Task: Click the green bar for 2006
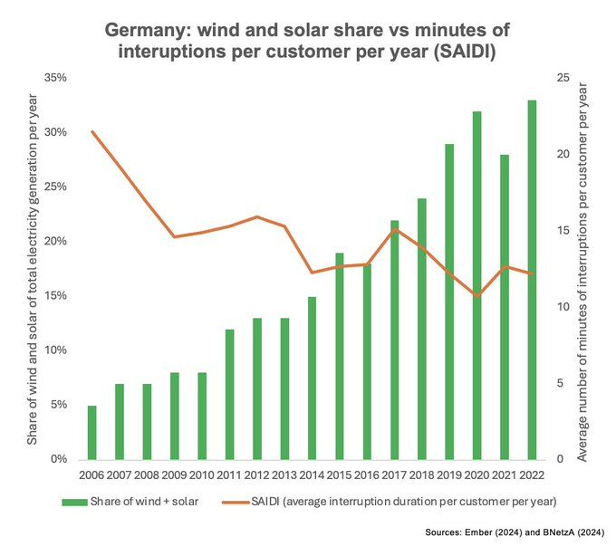(91, 432)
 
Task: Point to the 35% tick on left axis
(55, 78)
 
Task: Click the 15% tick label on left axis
(55, 296)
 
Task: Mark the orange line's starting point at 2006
(91, 131)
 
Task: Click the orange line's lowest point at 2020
(477, 296)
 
